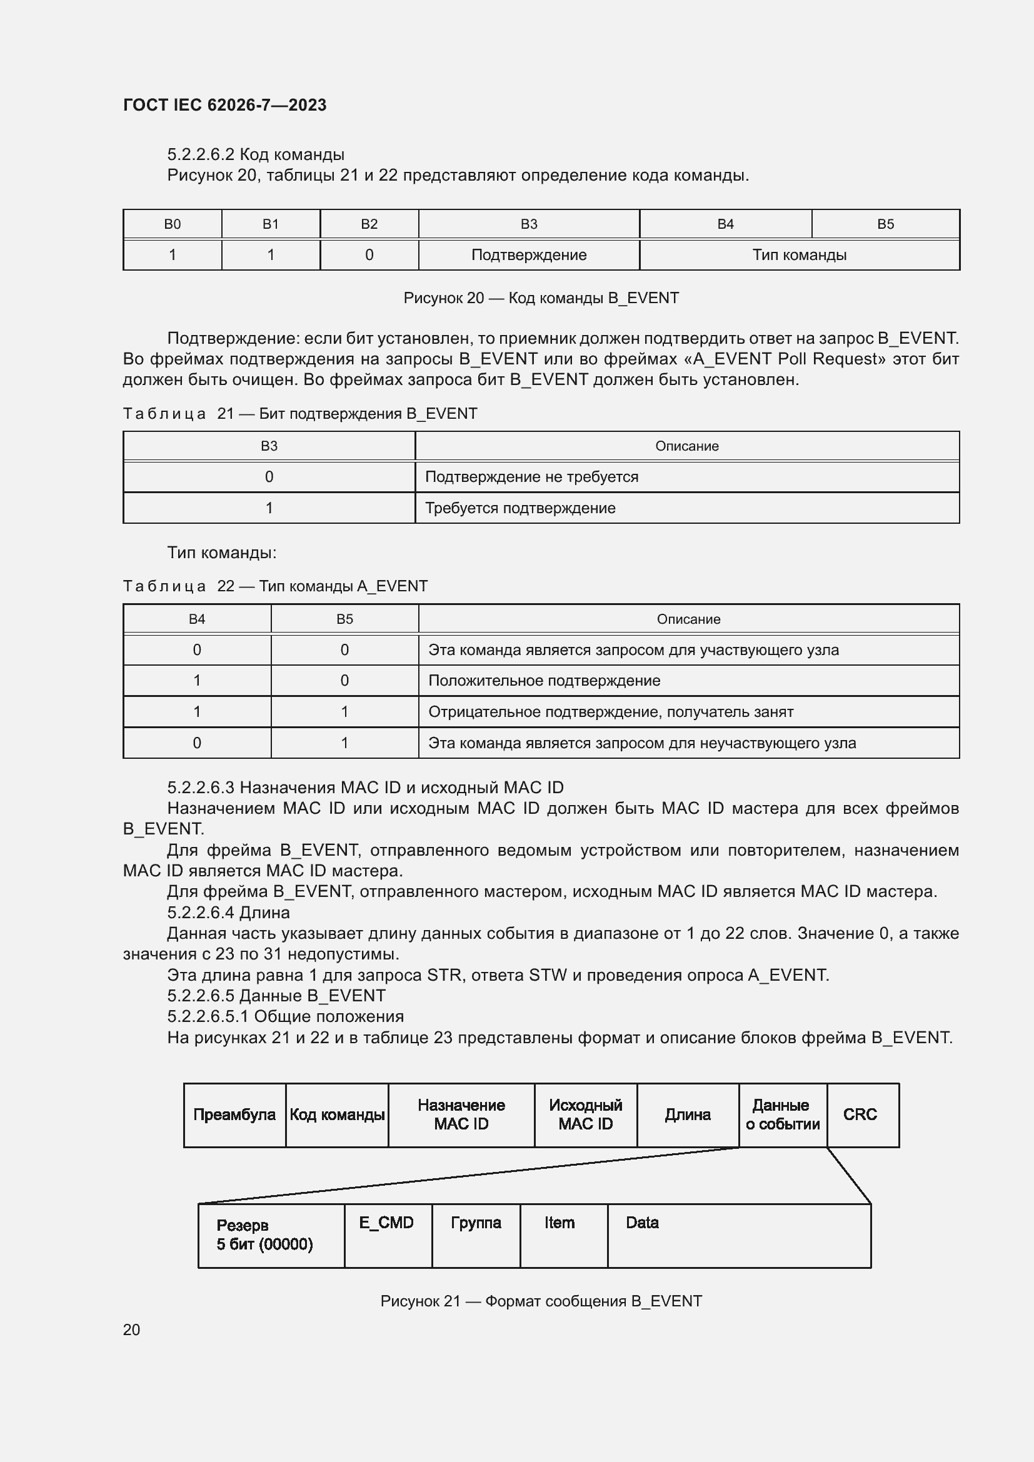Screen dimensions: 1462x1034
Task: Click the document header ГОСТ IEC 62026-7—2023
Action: pyautogui.click(x=224, y=105)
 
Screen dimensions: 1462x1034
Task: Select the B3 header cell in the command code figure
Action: pyautogui.click(x=528, y=224)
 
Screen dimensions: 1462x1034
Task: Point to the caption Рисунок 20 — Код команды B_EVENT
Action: pyautogui.click(x=541, y=298)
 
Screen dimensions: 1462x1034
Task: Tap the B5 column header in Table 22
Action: pyautogui.click(x=344, y=619)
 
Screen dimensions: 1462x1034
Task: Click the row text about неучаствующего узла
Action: pyautogui.click(x=642, y=743)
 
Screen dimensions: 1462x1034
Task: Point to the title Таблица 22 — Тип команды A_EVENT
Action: pyautogui.click(x=275, y=586)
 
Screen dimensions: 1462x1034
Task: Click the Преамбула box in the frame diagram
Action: pyautogui.click(x=234, y=1114)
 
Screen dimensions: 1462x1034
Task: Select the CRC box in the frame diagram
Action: pyautogui.click(x=860, y=1114)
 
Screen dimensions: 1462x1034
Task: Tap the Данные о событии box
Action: pyautogui.click(x=783, y=1114)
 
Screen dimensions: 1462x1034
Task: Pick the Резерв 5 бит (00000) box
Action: pyautogui.click(x=264, y=1234)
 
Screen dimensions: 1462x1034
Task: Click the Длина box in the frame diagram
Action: pyautogui.click(x=687, y=1114)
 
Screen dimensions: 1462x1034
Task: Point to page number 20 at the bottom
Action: pyautogui.click(x=131, y=1329)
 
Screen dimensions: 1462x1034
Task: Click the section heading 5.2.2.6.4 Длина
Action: pyautogui.click(x=228, y=913)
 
